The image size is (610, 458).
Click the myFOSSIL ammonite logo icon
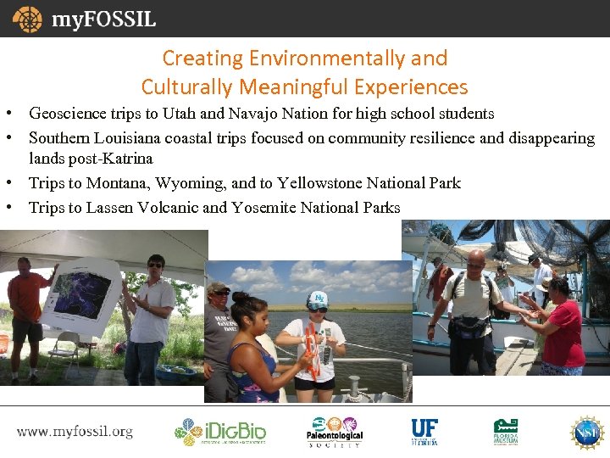27,19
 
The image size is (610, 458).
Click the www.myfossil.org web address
75,431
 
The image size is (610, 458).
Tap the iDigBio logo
220,431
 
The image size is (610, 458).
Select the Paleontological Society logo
334,431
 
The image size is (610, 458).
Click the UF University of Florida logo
424,431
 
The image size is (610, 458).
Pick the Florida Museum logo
507,431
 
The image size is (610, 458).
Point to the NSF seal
587,431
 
